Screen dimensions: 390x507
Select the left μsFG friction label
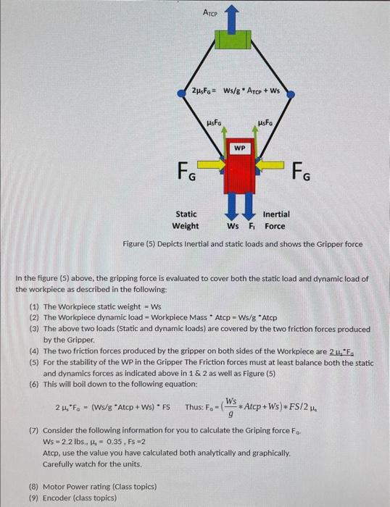pos(215,125)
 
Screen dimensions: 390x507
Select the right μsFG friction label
pos(265,125)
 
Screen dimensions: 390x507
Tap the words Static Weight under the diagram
pos(186,220)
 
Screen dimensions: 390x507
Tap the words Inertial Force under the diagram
pos(275,220)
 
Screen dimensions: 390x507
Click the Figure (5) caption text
pos(243,244)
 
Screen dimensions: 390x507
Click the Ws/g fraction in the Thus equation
pos(231,406)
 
